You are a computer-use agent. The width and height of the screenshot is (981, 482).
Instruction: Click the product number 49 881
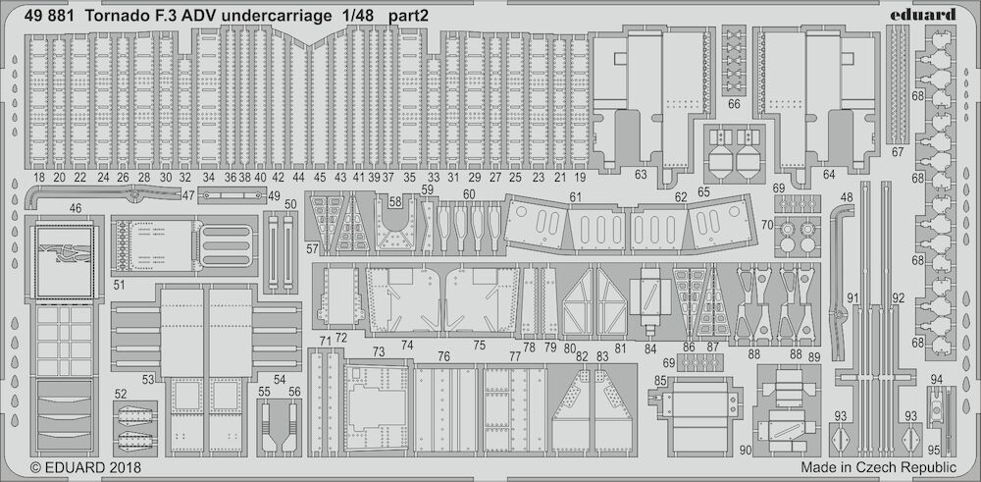pos(49,17)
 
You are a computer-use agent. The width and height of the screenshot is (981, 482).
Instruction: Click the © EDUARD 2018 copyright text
pos(85,467)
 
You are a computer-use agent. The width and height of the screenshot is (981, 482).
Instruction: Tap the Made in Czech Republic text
pos(878,467)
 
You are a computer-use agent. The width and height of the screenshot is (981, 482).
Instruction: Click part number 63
pos(641,175)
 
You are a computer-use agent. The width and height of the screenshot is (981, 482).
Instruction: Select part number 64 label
pos(829,175)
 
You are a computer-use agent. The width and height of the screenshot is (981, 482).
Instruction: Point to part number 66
pos(735,104)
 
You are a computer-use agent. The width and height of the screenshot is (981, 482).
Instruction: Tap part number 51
pos(120,285)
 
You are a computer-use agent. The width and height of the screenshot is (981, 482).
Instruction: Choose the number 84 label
pos(650,348)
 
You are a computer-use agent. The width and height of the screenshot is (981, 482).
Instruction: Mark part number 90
pos(746,450)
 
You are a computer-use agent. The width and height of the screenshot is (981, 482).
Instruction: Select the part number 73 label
pos(379,351)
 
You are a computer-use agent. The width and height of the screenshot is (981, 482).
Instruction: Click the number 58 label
pos(395,202)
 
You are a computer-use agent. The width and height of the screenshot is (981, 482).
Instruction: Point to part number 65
pos(703,192)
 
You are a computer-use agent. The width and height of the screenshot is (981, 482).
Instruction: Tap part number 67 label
pos(899,152)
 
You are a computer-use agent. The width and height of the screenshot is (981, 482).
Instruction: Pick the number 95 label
pos(934,449)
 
